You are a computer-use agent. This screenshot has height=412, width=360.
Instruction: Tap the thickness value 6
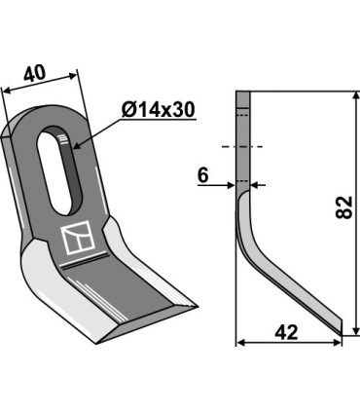pos(202,174)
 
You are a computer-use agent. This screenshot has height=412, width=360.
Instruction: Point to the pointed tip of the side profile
pos(341,331)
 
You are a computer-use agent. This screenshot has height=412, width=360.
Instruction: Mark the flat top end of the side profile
pos(243,94)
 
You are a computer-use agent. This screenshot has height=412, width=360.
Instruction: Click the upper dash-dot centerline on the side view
pos(243,147)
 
